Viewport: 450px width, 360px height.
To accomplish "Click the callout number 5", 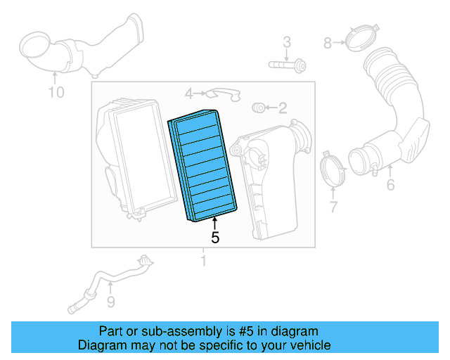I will pos(215,238).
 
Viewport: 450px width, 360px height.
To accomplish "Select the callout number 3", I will pos(287,43).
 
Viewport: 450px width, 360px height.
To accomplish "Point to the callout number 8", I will pos(327,44).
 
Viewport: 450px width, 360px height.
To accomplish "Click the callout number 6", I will pos(390,185).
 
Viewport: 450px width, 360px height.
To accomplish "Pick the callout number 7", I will pos(333,207).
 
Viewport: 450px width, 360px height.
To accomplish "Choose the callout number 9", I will pos(110,302).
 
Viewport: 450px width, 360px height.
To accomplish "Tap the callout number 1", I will pos(204,262).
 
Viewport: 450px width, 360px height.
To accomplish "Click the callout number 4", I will pos(188,94).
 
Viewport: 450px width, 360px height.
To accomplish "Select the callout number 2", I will pos(283,108).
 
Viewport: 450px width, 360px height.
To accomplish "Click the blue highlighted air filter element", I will pos(202,165).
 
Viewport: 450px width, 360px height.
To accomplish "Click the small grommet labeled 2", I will pos(258,107).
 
